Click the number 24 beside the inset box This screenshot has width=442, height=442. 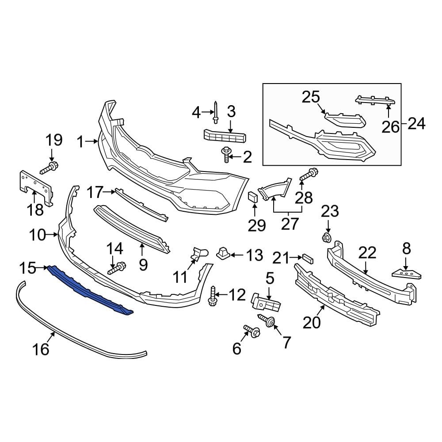[416, 124]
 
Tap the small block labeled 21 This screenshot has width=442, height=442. [308, 257]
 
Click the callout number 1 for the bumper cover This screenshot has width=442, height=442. [80, 142]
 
